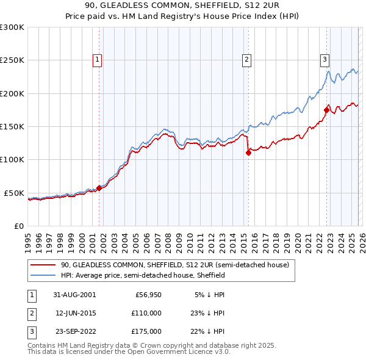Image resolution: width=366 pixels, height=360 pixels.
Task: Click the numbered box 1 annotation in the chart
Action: tap(98, 59)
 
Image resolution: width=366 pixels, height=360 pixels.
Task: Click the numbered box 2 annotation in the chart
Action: tap(246, 59)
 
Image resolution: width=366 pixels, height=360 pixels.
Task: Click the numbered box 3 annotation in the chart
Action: tap(325, 59)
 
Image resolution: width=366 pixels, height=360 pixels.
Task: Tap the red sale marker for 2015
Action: tap(248, 153)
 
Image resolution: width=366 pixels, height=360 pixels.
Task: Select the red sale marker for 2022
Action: tap(327, 110)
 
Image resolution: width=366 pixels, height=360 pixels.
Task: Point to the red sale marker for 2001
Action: tap(99, 188)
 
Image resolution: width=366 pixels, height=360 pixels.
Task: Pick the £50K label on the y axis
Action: tap(14, 193)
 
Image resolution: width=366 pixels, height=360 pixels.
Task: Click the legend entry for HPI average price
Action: tap(143, 275)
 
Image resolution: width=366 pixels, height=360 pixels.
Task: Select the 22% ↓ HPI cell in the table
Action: tap(209, 331)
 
